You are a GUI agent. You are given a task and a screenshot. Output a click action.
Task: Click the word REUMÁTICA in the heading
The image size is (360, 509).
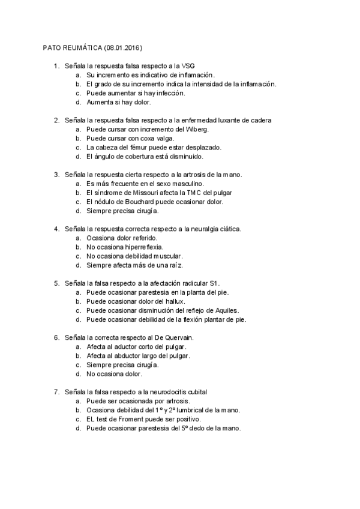click(x=81, y=47)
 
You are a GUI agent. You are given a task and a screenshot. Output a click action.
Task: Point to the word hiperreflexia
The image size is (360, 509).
click(x=140, y=247)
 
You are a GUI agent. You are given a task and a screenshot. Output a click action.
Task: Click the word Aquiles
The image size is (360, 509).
click(x=224, y=310)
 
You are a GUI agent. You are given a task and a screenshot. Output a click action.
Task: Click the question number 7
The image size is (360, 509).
click(x=56, y=391)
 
